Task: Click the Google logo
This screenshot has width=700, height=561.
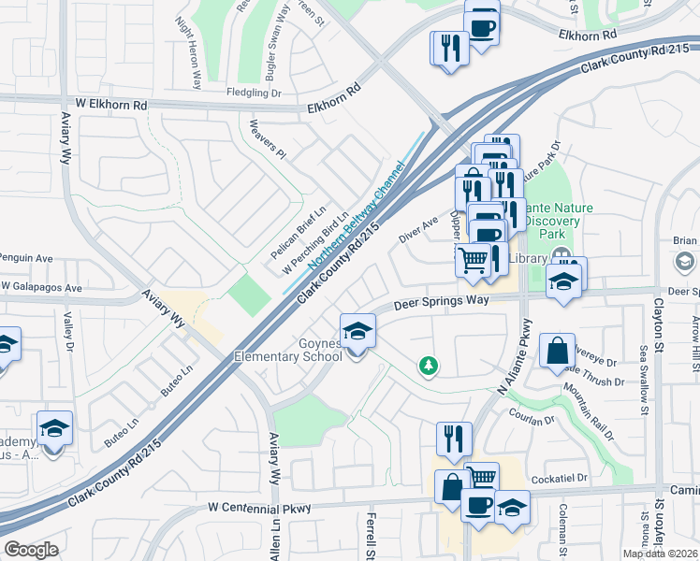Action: tap(31, 550)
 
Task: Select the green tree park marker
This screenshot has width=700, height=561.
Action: tap(429, 365)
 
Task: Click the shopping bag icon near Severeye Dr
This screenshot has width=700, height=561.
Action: tap(557, 352)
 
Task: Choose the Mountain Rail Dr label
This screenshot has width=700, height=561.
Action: tap(590, 415)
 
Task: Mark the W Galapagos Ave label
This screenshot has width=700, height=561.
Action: tap(42, 286)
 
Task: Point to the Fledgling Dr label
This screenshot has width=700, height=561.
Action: tap(254, 93)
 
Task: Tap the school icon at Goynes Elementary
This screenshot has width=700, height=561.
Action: tap(357, 332)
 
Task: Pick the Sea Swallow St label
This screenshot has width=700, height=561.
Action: tap(643, 375)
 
